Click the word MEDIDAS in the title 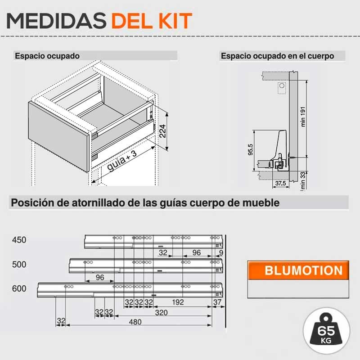click(56, 21)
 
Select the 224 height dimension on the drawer click(162, 131)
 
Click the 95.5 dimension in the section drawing click(250, 150)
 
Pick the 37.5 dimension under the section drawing click(280, 183)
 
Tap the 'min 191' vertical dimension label click(303, 117)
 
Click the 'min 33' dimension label click(303, 181)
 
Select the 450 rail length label click(19, 240)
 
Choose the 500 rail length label click(19, 265)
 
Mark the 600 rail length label click(19, 288)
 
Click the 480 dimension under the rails click(135, 322)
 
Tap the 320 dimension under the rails click(161, 312)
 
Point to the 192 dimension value click(178, 302)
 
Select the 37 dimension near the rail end click(217, 302)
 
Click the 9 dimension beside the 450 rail click(221, 253)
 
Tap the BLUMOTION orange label click(303, 270)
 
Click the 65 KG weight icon click(326, 331)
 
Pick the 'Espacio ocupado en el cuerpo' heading click(277, 56)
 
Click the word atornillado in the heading click(99, 203)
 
